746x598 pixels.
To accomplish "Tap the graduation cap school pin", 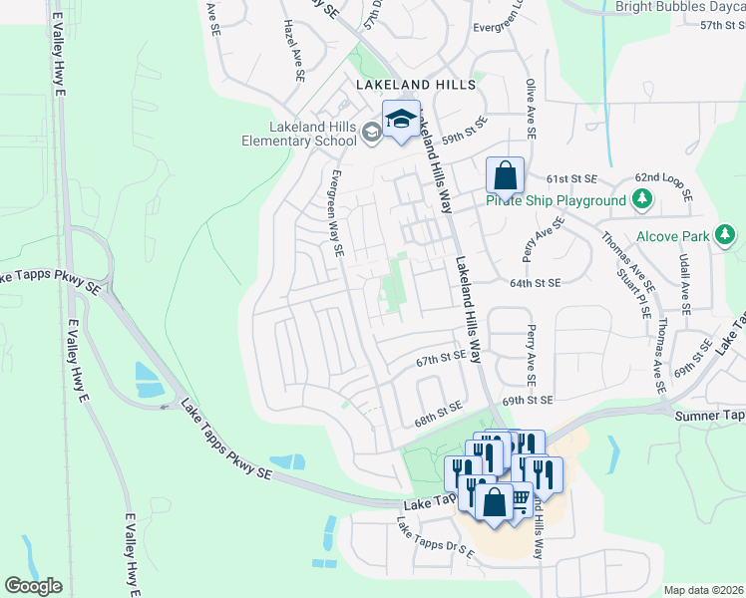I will tap(401, 120).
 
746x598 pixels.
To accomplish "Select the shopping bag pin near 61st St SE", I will tap(505, 175).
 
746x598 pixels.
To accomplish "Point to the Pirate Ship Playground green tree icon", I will tap(642, 200).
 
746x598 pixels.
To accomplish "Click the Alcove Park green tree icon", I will tap(726, 236).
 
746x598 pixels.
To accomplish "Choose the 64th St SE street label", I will tap(536, 283).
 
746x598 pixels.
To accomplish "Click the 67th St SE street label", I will tap(442, 356).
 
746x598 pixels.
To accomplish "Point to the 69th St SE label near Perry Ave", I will tap(528, 400).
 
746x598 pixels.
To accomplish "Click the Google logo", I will tap(34, 586).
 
